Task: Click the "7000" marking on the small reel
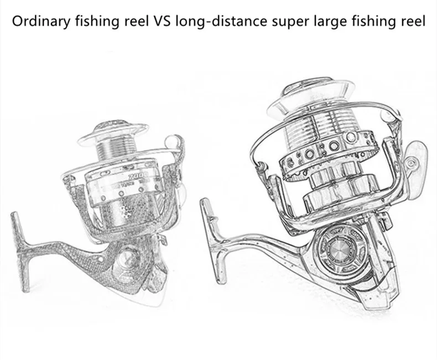[x=133, y=178]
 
